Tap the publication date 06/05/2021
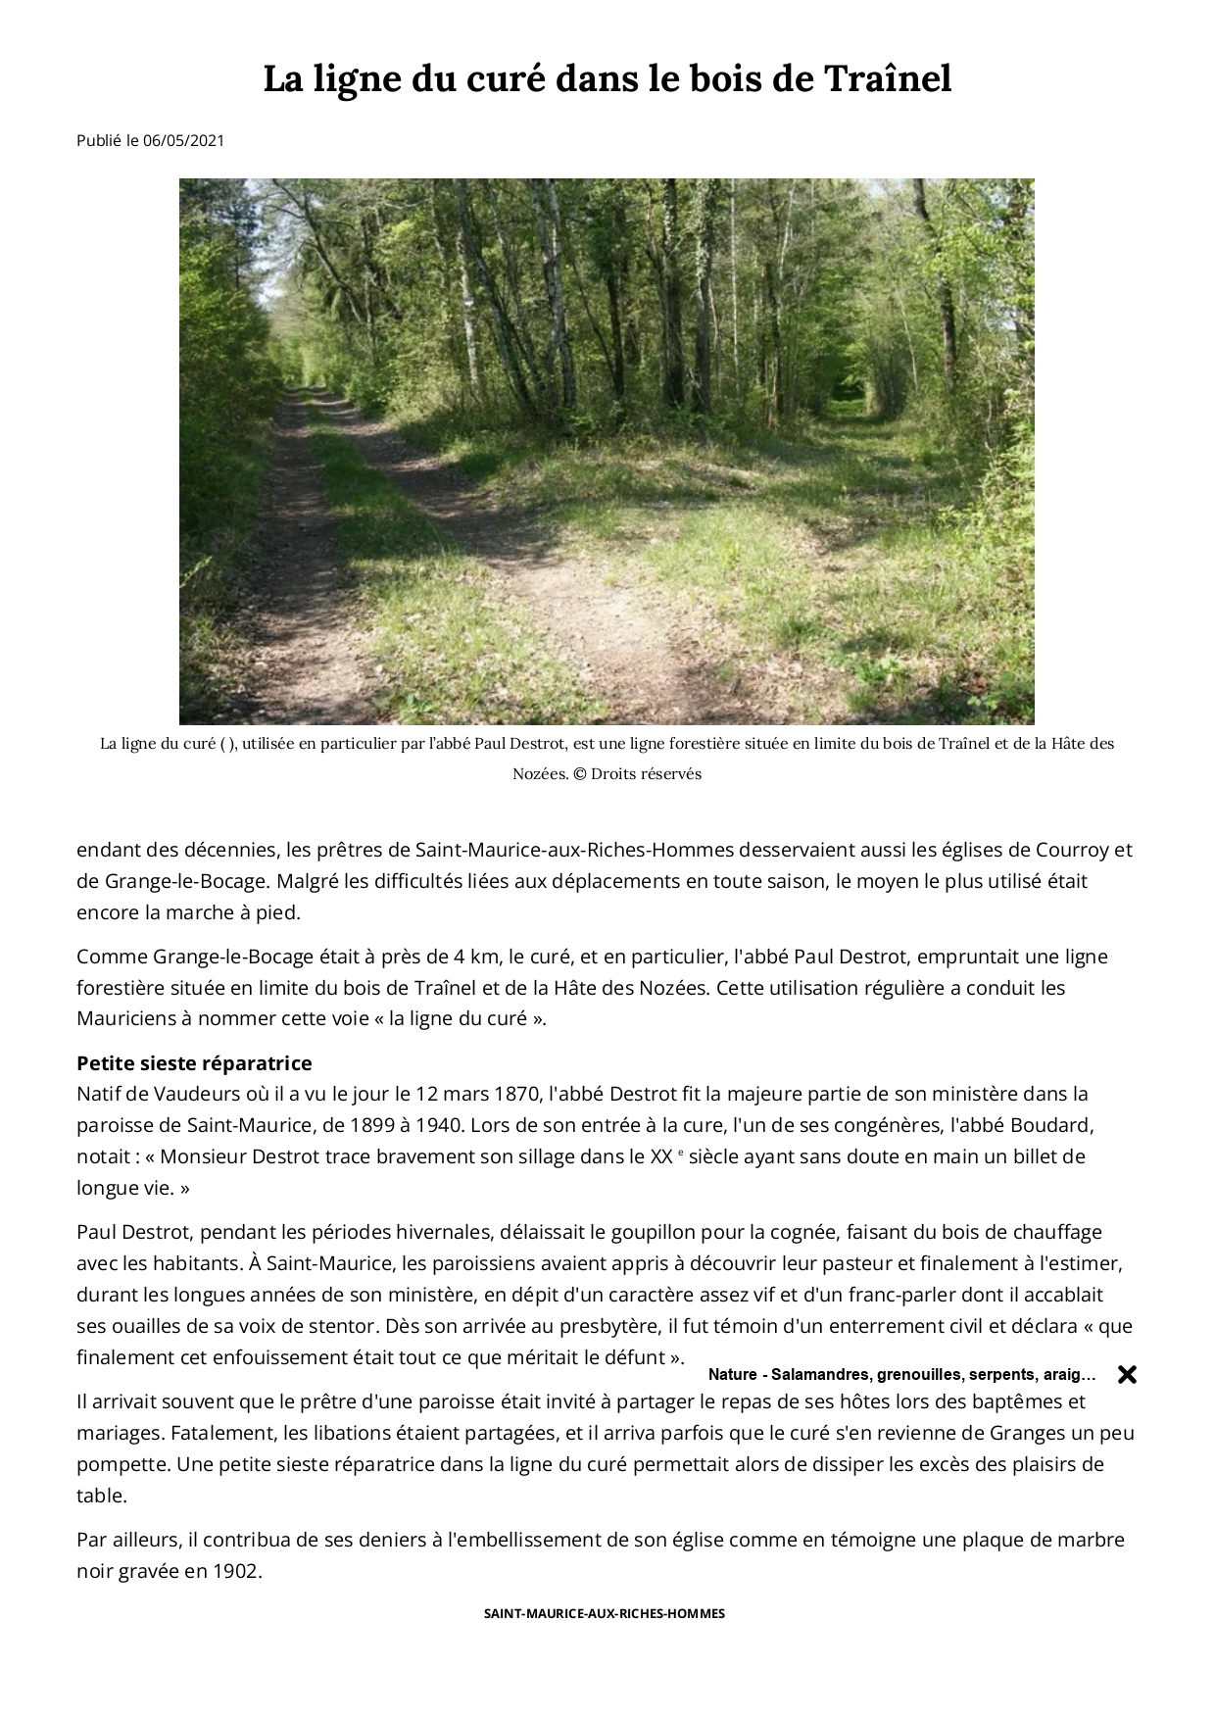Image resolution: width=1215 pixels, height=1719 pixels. (x=183, y=140)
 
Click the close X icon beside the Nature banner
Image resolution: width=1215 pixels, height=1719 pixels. (x=1127, y=1374)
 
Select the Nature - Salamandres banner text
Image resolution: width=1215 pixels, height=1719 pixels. (x=901, y=1374)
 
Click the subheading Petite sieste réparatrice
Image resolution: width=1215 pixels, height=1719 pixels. (x=194, y=1063)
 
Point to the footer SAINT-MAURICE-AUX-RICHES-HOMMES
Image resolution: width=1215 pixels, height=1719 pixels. (x=605, y=1613)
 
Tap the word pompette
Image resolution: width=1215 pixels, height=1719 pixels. (x=120, y=1464)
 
